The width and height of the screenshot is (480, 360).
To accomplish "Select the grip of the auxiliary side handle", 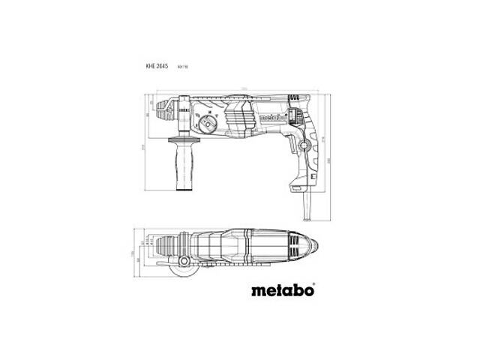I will (182, 165).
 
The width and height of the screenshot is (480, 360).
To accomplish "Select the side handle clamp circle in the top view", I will (181, 265).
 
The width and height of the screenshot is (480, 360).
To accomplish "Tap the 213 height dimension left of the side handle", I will (145, 145).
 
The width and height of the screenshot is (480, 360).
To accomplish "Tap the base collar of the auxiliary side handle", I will (181, 142).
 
